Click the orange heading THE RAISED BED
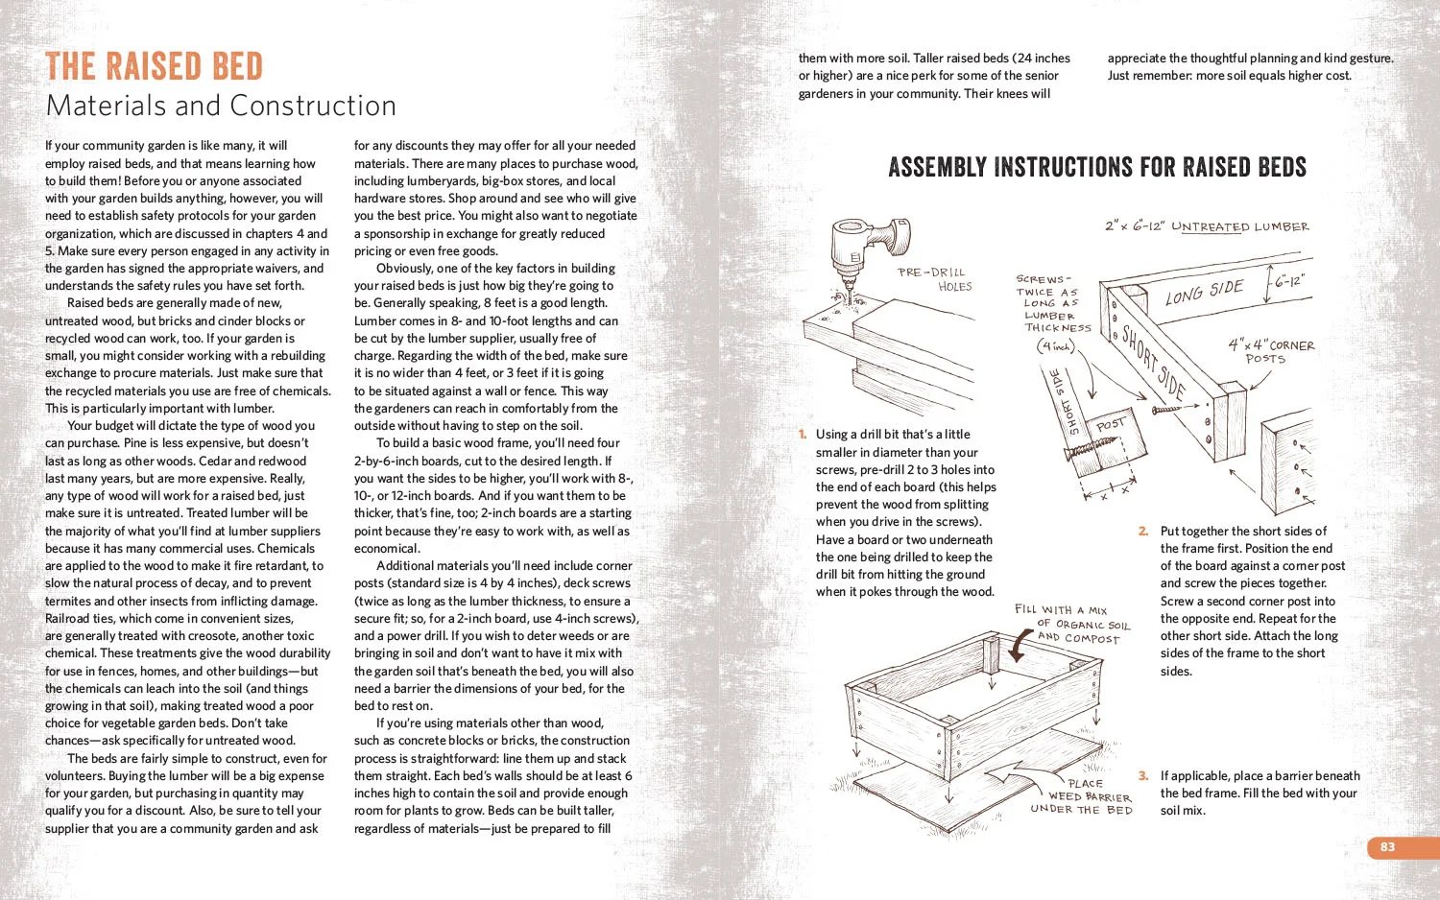coord(154,67)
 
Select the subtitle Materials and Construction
coord(221,106)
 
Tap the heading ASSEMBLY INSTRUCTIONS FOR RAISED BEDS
coord(1096,168)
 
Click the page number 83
coord(1387,846)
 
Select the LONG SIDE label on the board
coord(1204,292)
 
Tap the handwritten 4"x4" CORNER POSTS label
coord(1271,351)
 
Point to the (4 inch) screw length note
coord(1055,346)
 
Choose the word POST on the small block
coord(1110,424)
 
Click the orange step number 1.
coord(803,435)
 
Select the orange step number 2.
coord(1143,532)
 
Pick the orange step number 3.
coord(1143,776)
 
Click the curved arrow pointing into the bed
coord(1023,646)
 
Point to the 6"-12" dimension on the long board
coord(1289,282)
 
